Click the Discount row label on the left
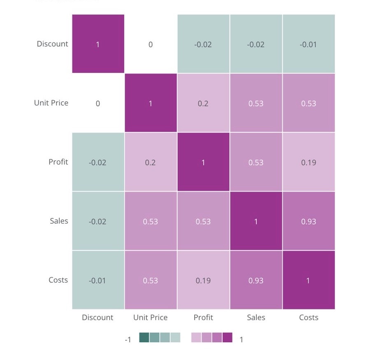52,44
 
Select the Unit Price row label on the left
51,103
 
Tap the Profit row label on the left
58,162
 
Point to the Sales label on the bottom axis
256,317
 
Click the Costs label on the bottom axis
309,317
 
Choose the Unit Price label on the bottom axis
150,317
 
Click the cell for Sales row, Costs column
309,221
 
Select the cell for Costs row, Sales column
256,280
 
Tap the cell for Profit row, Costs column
309,162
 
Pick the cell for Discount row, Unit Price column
151,44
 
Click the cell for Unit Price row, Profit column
203,103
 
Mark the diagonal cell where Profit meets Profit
203,162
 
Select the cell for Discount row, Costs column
309,44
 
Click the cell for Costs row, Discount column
98,280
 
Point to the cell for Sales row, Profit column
203,221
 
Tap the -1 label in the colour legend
128,339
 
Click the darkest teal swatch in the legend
144,338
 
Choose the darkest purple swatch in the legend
227,338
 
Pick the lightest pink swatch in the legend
196,338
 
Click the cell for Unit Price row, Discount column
98,103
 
